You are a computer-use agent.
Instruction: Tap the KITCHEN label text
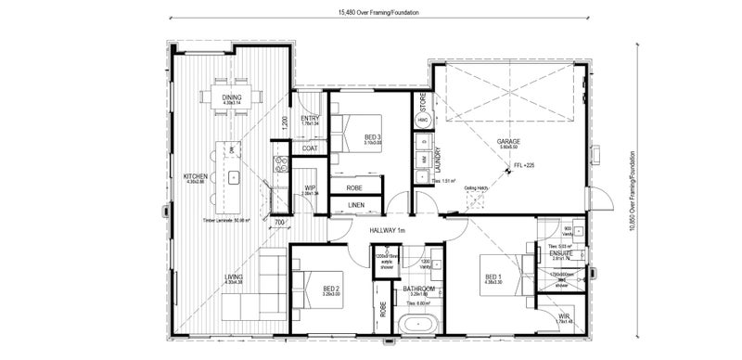click(x=195, y=176)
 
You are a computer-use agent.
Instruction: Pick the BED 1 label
click(x=493, y=276)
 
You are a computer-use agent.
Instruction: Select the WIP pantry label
click(x=311, y=188)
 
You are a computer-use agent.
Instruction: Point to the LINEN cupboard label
click(x=356, y=205)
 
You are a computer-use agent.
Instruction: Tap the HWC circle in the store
click(x=422, y=122)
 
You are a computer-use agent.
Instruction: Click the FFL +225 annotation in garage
click(x=524, y=167)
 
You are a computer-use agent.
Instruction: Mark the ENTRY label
click(x=310, y=118)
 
